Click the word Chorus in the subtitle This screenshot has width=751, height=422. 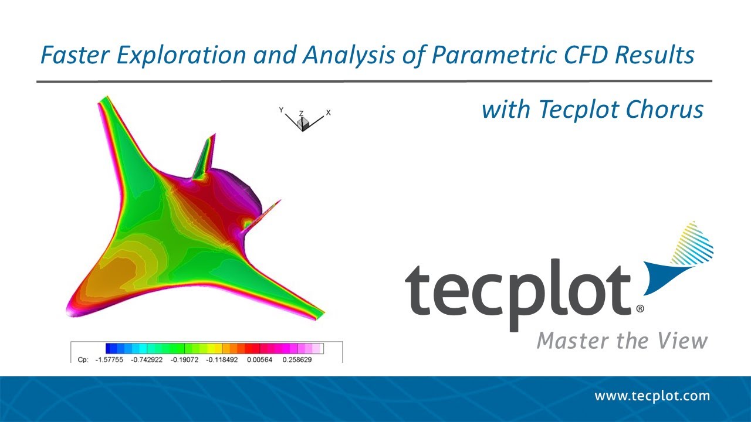coord(672,110)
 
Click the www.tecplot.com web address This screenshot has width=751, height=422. coord(652,396)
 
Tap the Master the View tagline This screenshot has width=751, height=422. coord(622,341)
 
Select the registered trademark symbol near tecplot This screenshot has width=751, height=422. coord(640,308)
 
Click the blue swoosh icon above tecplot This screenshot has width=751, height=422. coord(681,261)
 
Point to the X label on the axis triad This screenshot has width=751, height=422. coord(329,111)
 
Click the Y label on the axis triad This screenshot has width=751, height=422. coord(282,110)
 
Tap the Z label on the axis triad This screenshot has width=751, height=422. coord(302,113)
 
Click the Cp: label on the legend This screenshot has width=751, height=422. coord(82,359)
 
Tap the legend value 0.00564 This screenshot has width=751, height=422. coord(259,359)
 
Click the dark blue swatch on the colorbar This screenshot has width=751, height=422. coord(110,348)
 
